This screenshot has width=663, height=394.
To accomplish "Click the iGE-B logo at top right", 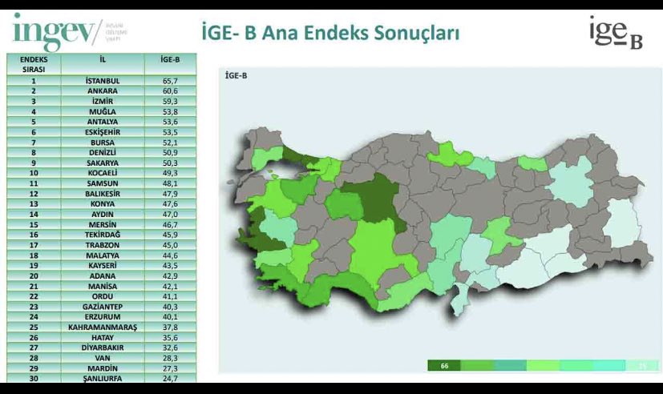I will pos(615,34).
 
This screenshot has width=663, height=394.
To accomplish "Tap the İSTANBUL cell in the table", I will pos(102,81).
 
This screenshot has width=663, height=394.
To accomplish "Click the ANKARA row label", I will pos(102,91).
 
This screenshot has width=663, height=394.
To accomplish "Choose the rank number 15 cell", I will pos(34,224).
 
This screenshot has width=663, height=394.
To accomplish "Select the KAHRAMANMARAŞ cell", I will pos(102,328).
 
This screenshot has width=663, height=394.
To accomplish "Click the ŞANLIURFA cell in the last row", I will pos(102,378).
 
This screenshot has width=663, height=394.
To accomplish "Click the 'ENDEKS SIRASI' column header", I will pos(34,64).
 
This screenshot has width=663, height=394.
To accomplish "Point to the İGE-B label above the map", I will pos(236,76).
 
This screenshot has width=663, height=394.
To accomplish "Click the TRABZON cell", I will pos(102,245).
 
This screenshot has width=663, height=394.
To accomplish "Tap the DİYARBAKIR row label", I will pos(102,348).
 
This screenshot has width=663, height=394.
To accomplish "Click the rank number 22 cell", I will pos(34,296).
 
